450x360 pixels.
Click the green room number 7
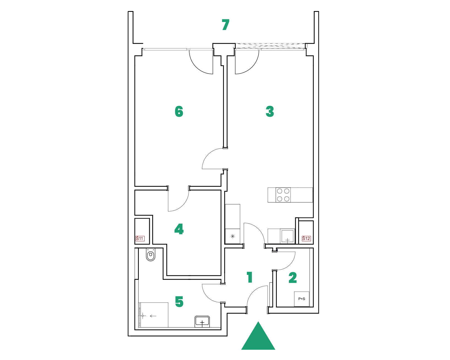point(226,25)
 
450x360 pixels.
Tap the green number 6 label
point(179,111)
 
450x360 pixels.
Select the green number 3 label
point(270,111)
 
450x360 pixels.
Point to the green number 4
point(179,229)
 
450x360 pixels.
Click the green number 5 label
point(179,302)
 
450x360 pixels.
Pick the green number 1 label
point(250,277)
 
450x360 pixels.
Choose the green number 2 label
point(292,278)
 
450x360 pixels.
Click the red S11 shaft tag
point(140,239)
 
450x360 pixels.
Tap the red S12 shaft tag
point(306,239)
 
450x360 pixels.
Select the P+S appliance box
point(302,299)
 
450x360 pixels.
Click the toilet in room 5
point(151,255)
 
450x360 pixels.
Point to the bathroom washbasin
point(202,322)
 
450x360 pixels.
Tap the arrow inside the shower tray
point(153,316)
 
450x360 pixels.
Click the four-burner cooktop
point(283,195)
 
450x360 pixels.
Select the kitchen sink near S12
point(287,236)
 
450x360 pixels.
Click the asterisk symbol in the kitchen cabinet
point(232,236)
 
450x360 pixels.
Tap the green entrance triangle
point(258,336)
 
